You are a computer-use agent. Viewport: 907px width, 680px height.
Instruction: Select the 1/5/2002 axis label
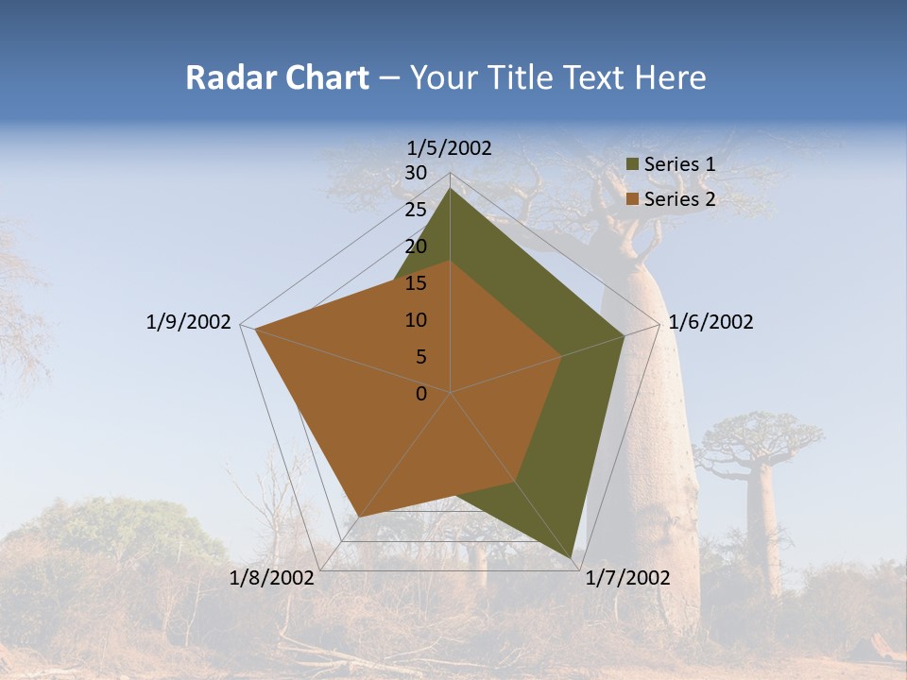[450, 147]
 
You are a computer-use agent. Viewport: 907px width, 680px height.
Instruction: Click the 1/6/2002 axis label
[710, 322]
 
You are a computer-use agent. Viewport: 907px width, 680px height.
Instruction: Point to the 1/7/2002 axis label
[627, 578]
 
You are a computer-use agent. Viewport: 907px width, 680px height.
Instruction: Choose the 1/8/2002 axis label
[272, 578]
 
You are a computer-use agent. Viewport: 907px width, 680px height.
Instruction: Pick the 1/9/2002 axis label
[188, 322]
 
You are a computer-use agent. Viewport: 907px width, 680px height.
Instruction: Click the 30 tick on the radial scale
[416, 173]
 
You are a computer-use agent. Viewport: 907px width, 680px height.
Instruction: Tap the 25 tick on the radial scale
[416, 210]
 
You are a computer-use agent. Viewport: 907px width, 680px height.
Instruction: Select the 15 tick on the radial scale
[416, 283]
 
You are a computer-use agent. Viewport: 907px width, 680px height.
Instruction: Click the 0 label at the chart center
[421, 394]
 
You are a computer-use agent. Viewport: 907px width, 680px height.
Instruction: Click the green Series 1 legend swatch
[633, 164]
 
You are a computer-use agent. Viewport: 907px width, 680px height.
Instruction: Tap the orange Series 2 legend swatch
[633, 199]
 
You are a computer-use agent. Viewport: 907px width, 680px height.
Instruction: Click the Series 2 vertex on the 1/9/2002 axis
[256, 329]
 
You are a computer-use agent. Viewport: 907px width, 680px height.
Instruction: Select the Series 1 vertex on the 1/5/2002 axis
[450, 188]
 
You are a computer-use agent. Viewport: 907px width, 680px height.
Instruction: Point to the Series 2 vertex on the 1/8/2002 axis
[360, 516]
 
